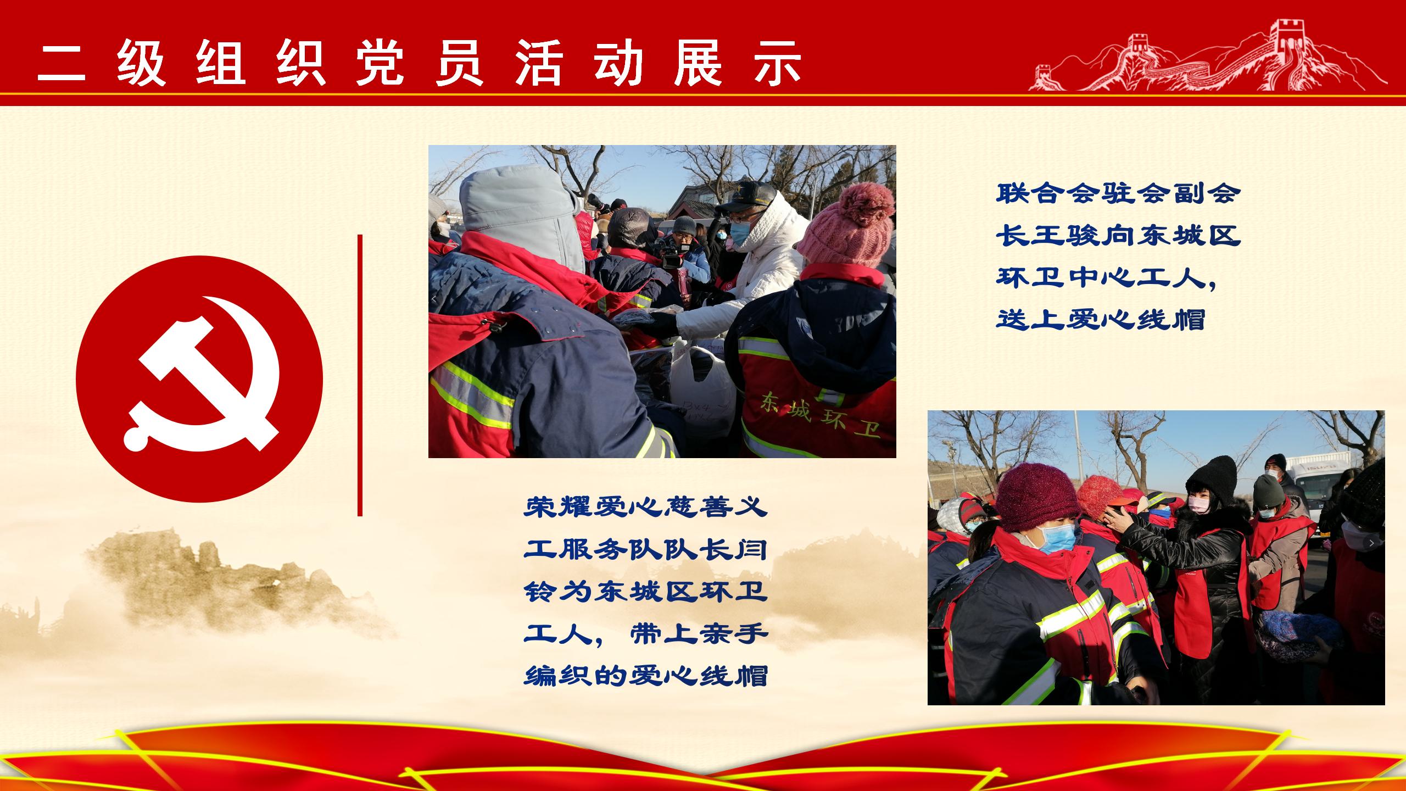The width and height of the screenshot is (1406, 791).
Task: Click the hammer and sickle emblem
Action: [x=199, y=378]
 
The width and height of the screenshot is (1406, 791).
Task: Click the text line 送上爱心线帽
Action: [x=1101, y=319]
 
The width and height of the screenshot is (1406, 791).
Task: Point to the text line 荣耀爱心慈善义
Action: [x=645, y=508]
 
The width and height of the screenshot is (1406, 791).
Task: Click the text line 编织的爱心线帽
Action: [x=645, y=676]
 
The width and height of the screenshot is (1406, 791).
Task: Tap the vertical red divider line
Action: [x=360, y=375]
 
